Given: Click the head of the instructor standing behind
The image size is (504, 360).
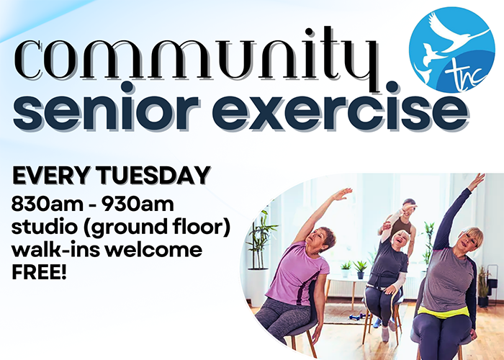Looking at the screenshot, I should (x=408, y=208).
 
